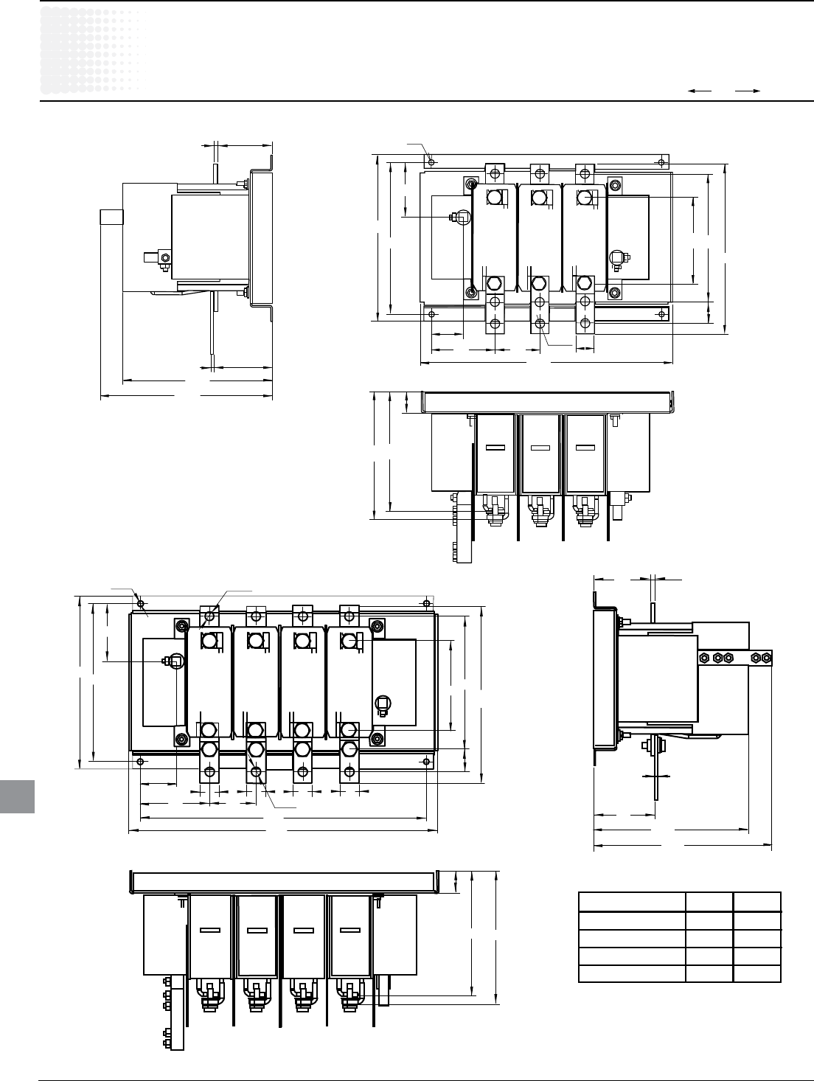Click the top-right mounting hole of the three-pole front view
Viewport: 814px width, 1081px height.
tap(662, 161)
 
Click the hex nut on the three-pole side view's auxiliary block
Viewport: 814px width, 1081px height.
tap(164, 257)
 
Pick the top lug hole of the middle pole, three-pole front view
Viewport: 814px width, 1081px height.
tap(540, 174)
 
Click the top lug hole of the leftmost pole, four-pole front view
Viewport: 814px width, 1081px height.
tap(209, 614)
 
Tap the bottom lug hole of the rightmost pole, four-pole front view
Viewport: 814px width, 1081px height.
tap(348, 773)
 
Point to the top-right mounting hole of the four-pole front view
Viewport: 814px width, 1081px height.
tap(427, 604)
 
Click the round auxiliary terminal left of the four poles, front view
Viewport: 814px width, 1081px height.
tap(175, 661)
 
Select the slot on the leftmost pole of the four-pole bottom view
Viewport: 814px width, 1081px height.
tap(210, 931)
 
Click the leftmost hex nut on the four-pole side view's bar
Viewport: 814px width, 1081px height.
tap(702, 657)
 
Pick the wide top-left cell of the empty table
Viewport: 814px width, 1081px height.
tap(632, 902)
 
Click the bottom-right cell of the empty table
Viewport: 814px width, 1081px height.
tap(756, 973)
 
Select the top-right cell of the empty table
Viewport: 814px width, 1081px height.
tap(756, 902)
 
